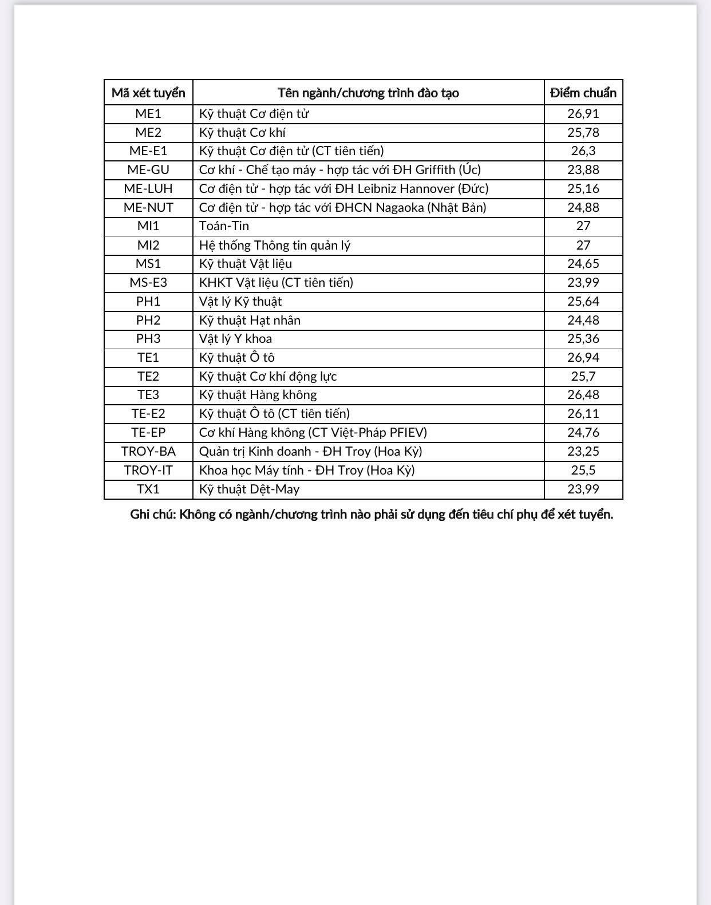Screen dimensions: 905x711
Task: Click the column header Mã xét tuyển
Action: tap(148, 93)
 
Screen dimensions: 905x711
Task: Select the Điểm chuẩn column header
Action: tap(583, 93)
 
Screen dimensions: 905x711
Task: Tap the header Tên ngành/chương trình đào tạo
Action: tap(368, 93)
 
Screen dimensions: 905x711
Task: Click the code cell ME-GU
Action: tap(148, 170)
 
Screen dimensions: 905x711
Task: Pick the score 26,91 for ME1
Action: tap(583, 113)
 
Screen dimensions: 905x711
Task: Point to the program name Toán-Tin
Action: tap(224, 226)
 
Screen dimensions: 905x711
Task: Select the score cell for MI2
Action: tap(583, 245)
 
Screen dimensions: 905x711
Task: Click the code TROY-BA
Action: tap(148, 452)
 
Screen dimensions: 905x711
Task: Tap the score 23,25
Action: tap(583, 452)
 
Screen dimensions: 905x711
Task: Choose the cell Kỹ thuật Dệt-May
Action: tap(249, 489)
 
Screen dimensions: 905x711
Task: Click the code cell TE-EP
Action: tap(148, 433)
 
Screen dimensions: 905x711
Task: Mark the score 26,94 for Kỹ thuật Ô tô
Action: tap(583, 358)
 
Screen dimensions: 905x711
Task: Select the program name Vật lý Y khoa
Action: tap(235, 339)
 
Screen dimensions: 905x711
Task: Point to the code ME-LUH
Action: tap(148, 189)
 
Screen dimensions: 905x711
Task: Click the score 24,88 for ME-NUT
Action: tap(583, 207)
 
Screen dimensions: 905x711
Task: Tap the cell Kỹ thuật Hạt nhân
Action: tap(250, 321)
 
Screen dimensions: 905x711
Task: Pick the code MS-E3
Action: tap(148, 283)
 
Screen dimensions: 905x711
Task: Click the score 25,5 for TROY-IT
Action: tap(583, 471)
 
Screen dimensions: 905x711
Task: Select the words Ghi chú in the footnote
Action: tap(152, 514)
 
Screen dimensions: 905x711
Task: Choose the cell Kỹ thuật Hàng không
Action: tap(258, 395)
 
